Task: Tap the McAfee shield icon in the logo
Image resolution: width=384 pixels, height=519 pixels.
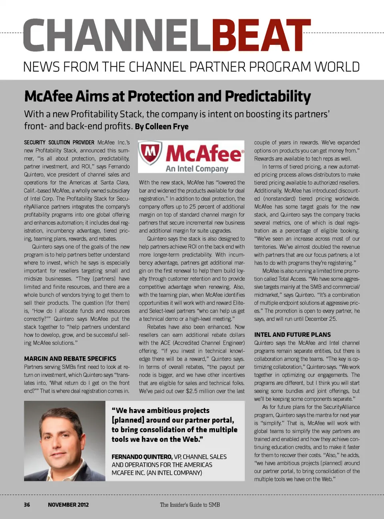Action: pos(150,153)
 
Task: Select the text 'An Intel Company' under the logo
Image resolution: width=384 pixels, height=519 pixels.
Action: pos(197,168)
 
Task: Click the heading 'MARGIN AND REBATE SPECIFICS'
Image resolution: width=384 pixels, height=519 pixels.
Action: pos(70,359)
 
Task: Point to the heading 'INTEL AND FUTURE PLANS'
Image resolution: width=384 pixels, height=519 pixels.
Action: pos(292,335)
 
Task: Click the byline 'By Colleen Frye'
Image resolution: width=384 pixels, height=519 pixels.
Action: pos(162,126)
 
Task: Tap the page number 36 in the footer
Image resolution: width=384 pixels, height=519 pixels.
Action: pos(27,505)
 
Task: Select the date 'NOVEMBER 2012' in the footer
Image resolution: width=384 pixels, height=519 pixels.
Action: pos(68,505)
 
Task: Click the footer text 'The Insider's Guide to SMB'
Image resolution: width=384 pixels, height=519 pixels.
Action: pos(190,505)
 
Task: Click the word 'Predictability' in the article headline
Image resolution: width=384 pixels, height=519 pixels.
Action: pos(268,96)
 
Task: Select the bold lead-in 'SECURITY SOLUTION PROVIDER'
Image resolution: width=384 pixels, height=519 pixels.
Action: pos(59,142)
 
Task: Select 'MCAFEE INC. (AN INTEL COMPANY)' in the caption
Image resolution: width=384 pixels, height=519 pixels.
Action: pos(157,473)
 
